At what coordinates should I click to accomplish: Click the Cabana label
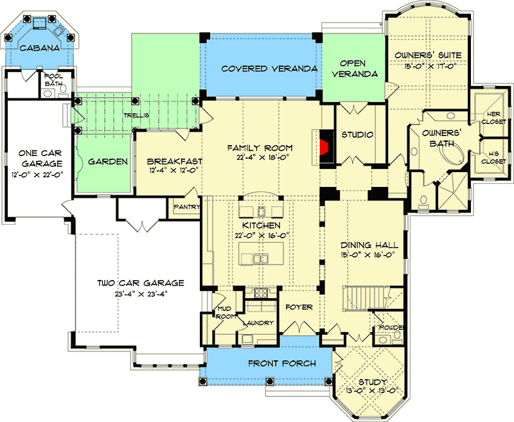[39, 48]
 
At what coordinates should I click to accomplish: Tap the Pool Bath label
[53, 80]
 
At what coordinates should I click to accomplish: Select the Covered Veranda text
[261, 69]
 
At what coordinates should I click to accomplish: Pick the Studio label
[357, 134]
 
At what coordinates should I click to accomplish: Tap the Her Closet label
[494, 118]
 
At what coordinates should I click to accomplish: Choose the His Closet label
[494, 157]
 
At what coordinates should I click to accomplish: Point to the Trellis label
[136, 116]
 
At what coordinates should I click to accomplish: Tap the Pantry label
[187, 207]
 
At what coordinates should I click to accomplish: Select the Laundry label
[258, 323]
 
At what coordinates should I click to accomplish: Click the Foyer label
[299, 307]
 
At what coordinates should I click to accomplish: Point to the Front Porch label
[283, 364]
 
